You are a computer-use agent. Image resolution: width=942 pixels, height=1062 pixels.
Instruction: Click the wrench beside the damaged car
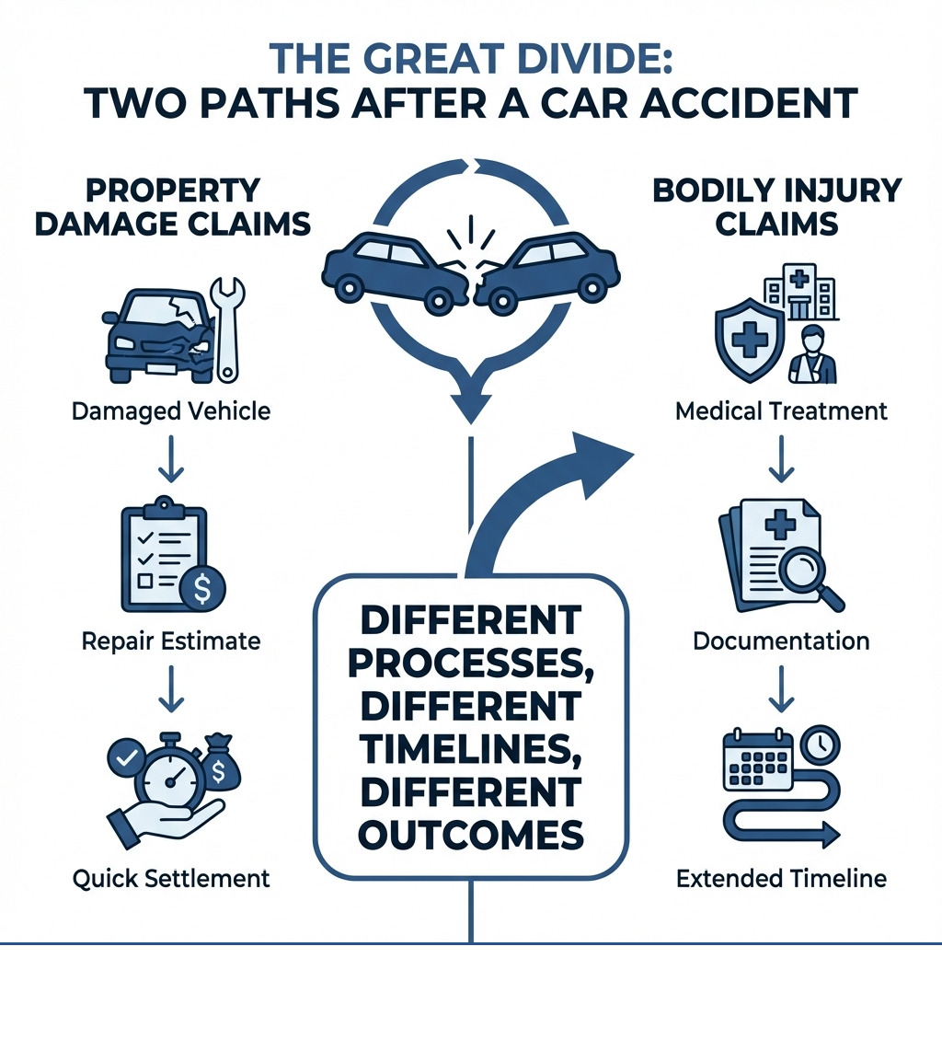pos(225,324)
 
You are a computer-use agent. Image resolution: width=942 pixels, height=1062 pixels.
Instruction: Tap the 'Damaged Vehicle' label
pos(171,410)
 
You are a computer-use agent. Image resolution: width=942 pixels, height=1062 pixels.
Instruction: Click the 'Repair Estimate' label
pos(171,641)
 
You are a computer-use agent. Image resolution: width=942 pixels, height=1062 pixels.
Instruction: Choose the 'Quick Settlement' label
pos(171,878)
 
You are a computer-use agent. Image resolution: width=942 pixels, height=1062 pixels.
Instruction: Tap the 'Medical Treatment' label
pos(781,410)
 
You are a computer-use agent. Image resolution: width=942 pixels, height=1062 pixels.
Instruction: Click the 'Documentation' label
pos(781,641)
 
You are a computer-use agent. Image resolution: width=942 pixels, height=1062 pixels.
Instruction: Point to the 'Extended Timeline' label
pos(781,878)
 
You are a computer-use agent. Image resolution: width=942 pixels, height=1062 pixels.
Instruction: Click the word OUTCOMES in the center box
pos(470,835)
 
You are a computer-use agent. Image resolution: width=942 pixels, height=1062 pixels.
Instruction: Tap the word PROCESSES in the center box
pos(470,664)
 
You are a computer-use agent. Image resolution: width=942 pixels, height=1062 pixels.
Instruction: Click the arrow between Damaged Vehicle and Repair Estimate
pos(171,464)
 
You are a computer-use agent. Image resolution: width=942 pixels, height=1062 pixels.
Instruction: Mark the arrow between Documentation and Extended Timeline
pos(781,692)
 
